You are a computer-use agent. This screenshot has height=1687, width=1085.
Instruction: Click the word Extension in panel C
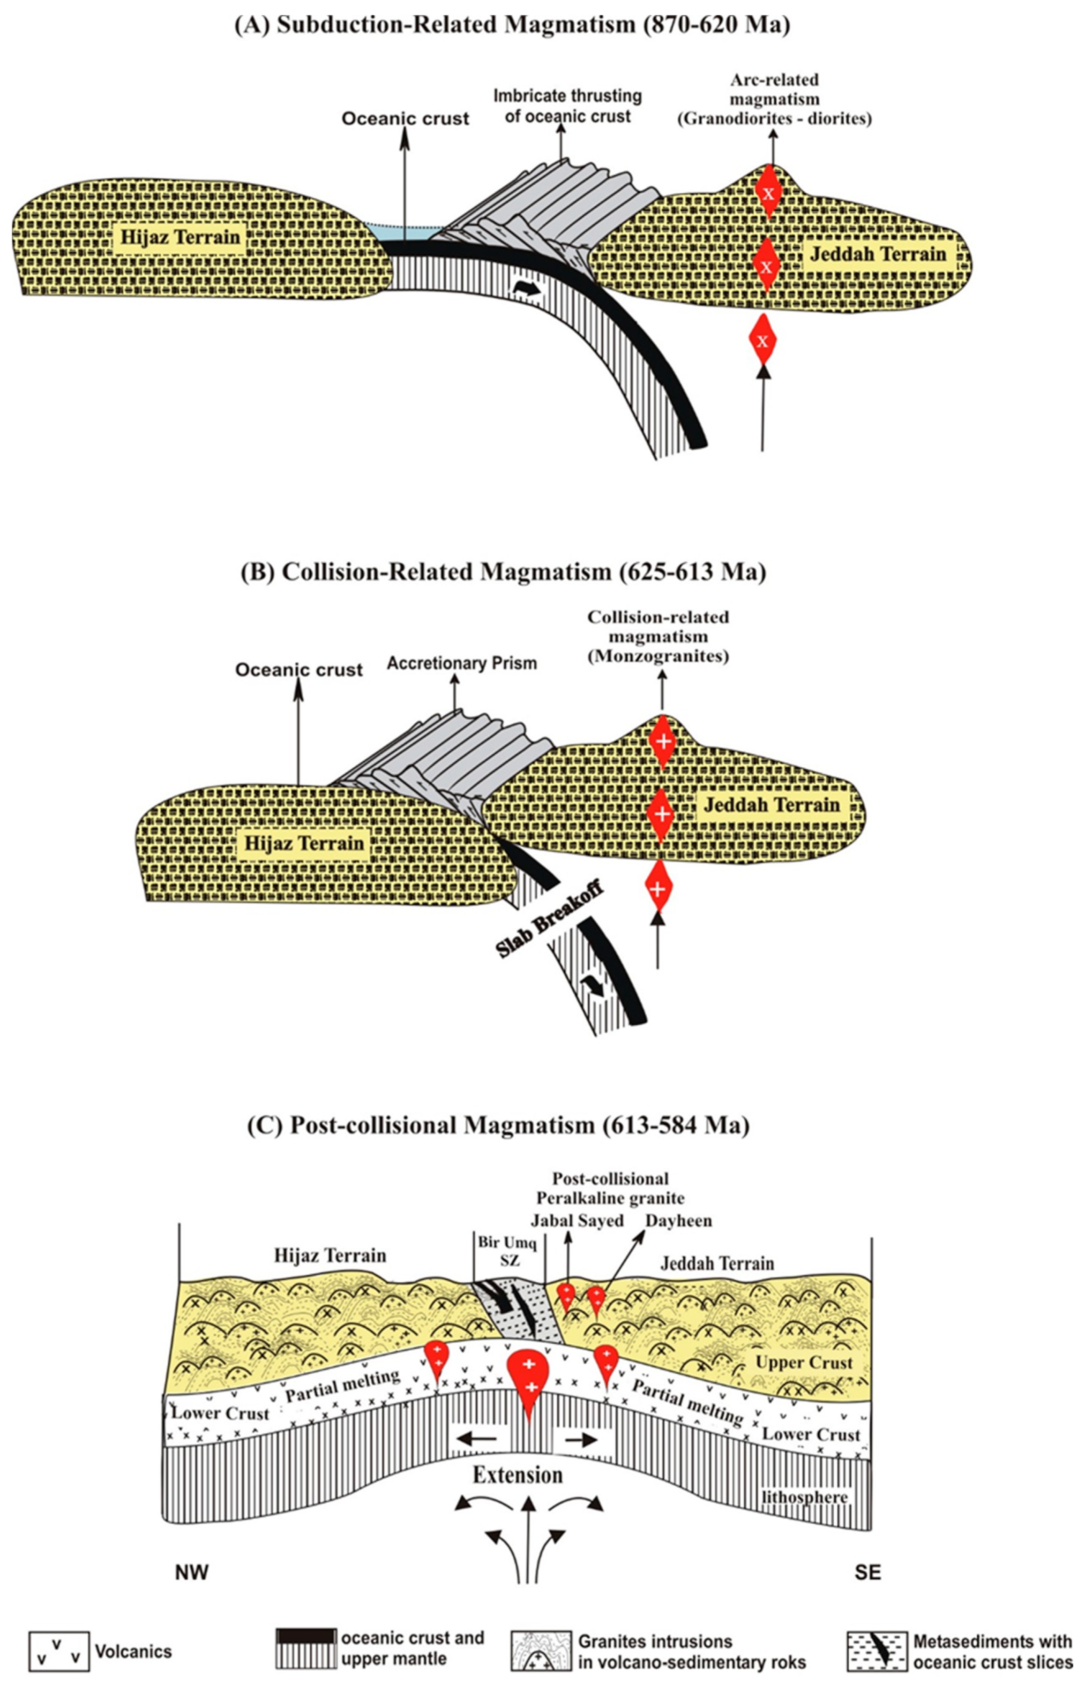pos(518,1475)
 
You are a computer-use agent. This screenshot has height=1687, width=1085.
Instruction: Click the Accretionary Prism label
pos(462,663)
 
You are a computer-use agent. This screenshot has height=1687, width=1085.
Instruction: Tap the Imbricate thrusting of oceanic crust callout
pos(567,106)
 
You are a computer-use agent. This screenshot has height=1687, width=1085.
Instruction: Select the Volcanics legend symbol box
pos(59,1651)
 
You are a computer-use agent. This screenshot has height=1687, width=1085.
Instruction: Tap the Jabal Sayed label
pos(578,1221)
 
